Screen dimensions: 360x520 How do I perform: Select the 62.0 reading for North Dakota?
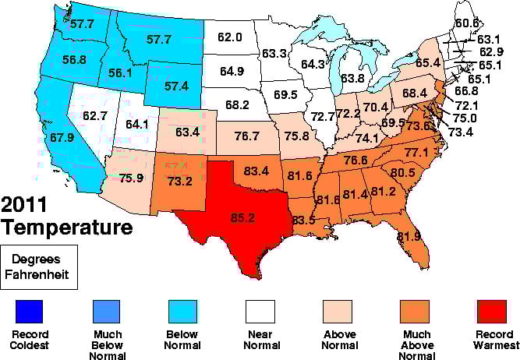(230, 36)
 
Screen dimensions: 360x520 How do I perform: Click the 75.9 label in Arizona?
(131, 177)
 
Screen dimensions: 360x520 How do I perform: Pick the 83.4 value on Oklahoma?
(256, 171)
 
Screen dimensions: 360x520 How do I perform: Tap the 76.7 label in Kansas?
(246, 136)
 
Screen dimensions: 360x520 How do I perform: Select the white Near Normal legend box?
(256, 312)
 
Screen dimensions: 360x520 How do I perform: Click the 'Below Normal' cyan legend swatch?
(181, 312)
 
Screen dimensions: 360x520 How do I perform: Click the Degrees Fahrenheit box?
(39, 267)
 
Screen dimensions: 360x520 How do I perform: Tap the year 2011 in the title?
(30, 207)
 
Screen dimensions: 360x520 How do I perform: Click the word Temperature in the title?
(66, 228)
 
